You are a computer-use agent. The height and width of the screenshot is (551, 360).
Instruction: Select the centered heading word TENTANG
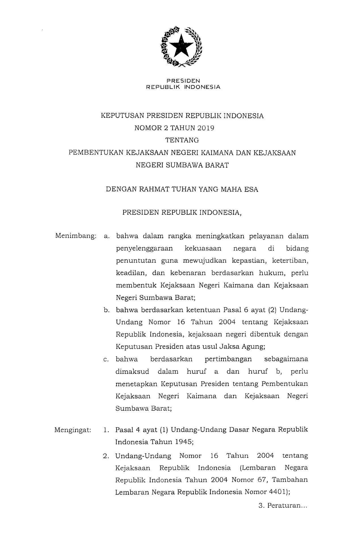182,140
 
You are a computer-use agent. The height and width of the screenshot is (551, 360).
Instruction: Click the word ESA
251,189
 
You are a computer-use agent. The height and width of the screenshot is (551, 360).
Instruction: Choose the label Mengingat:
73,430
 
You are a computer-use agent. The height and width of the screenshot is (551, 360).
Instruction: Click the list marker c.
106,359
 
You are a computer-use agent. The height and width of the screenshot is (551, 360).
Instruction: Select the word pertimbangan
228,359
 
